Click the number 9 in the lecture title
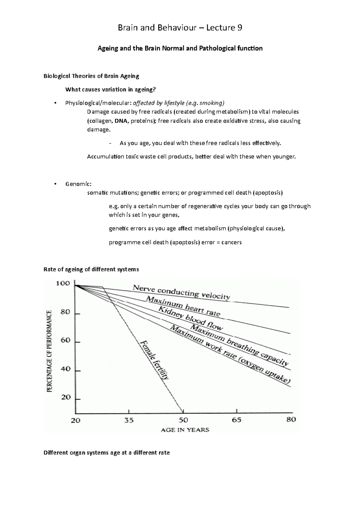coord(240,28)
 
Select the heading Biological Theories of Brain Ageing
coord(91,76)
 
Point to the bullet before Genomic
coord(55,184)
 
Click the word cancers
coord(231,242)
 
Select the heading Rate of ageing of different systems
coord(91,269)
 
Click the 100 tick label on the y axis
coord(63,284)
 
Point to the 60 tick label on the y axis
coord(65,341)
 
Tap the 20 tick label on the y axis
coord(65,397)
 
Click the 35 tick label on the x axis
coord(129,420)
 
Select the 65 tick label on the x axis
coord(236,420)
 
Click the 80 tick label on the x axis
coord(291,419)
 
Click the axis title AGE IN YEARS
coord(185,430)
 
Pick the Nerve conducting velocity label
coord(181,292)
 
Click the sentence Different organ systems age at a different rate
coord(106,453)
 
